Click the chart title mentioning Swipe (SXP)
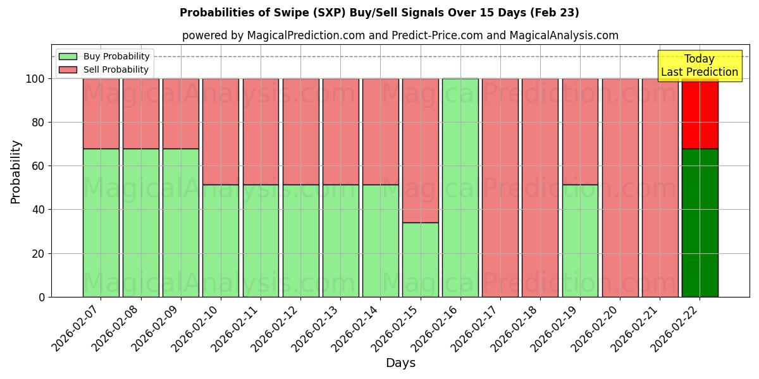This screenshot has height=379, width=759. click(379, 13)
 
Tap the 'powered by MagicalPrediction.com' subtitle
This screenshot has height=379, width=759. click(400, 35)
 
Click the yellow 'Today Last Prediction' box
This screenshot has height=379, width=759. click(699, 66)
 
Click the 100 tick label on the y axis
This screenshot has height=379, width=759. click(35, 79)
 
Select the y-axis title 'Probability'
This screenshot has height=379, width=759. click(16, 172)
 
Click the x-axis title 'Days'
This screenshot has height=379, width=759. click(400, 363)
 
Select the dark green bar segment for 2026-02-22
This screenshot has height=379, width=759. click(700, 222)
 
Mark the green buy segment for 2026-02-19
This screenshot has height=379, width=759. click(580, 241)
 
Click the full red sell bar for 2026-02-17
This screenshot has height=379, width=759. click(500, 188)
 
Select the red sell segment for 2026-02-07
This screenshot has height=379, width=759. click(101, 114)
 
